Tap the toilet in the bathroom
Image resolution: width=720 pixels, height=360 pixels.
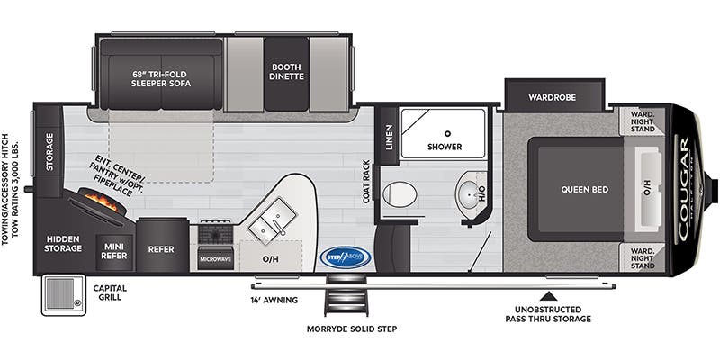[x=399, y=193]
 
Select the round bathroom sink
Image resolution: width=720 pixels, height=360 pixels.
[x=469, y=193]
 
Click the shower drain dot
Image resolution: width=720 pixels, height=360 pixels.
[x=445, y=132]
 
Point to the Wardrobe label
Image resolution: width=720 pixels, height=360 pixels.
[x=553, y=95]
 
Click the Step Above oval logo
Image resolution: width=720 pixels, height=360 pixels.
[x=346, y=257]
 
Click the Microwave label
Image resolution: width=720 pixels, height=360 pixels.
[x=216, y=259]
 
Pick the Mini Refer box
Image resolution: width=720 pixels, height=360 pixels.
[x=112, y=248]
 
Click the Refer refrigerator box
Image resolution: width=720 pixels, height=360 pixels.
[x=161, y=248]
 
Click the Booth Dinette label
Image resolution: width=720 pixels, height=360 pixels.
[x=287, y=70]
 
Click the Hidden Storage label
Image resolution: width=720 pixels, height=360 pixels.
[x=63, y=244]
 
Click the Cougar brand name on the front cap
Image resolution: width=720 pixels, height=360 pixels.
[x=684, y=189]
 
